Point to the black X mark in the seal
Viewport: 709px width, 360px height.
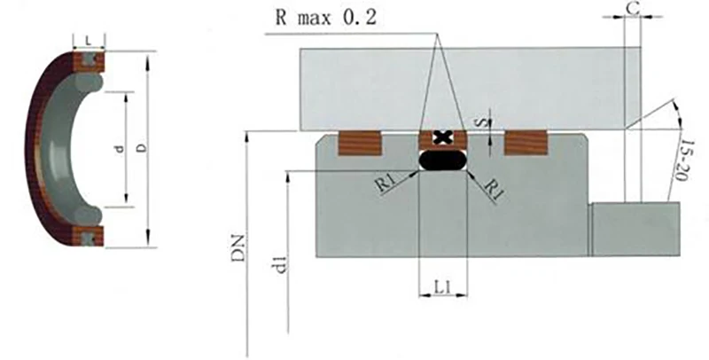coord(441,137)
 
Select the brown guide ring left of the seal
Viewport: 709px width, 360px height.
coord(360,142)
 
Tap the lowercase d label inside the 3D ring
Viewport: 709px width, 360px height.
coord(116,148)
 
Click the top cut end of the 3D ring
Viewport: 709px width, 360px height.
coord(88,61)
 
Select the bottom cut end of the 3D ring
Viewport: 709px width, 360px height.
coord(88,236)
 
